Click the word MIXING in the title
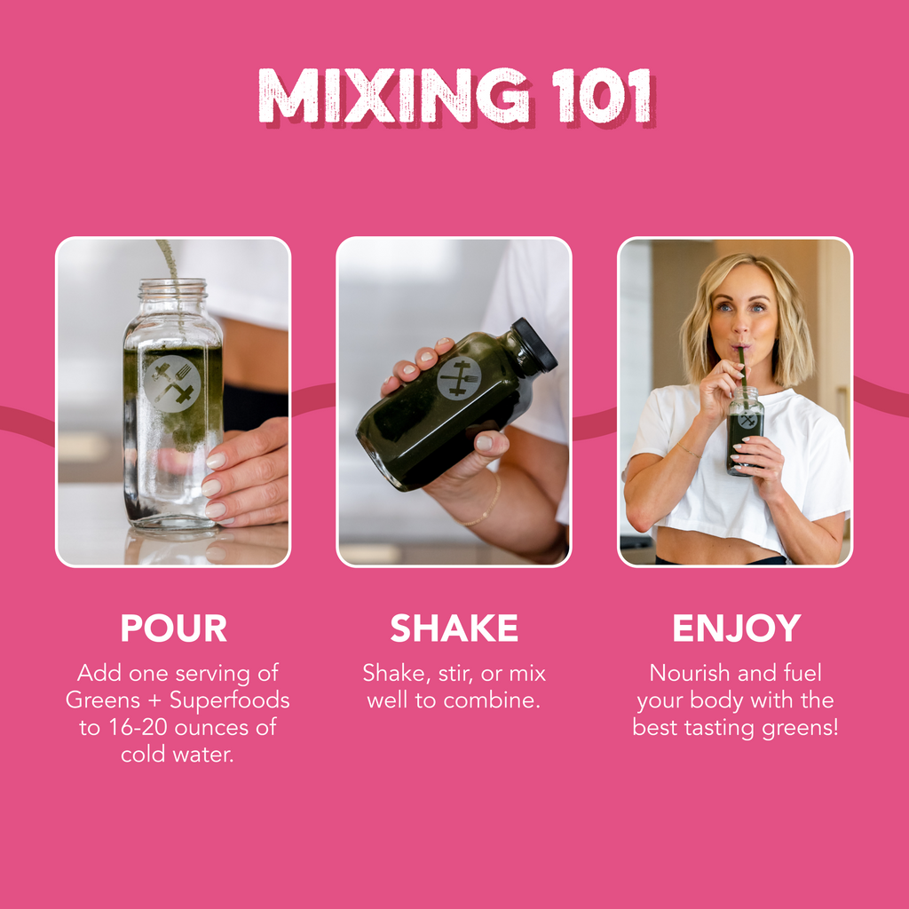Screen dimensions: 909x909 [x=394, y=96]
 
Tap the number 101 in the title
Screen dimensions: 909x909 [x=603, y=96]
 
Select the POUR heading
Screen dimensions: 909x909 [x=173, y=628]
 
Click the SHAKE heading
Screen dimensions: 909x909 [x=454, y=628]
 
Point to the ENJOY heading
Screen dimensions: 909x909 [x=736, y=628]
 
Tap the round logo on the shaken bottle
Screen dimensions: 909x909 [x=459, y=378]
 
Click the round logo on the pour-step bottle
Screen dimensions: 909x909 [x=172, y=383]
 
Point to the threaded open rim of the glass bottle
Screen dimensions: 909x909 [x=172, y=289]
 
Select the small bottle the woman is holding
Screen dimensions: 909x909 [x=745, y=431]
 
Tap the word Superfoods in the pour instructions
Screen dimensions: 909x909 [x=230, y=700]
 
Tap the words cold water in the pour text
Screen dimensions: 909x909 [x=177, y=755]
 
